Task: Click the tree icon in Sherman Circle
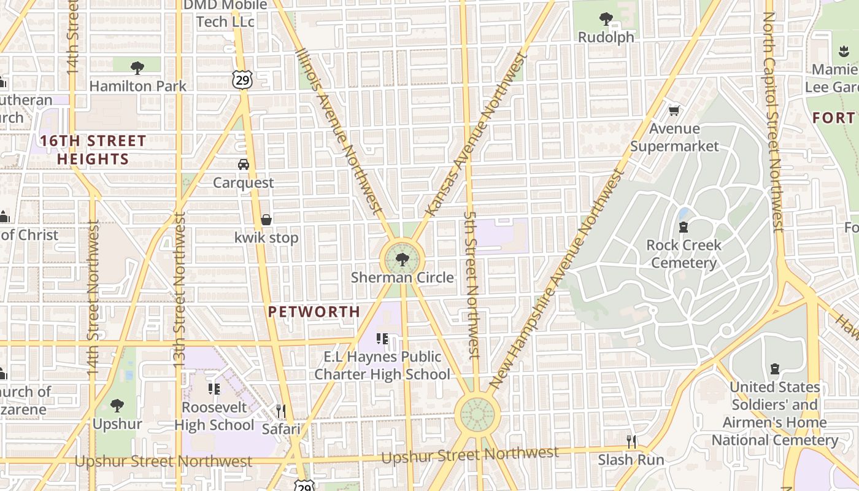[x=402, y=260]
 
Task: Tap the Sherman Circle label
[x=403, y=277]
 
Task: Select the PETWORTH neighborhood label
[x=314, y=312]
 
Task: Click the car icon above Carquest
[x=244, y=164]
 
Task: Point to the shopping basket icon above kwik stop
[x=266, y=219]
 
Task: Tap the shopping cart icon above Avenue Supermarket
[x=674, y=110]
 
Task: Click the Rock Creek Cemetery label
[x=684, y=253]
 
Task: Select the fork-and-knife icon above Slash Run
[x=631, y=441]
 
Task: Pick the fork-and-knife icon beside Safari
[x=281, y=410]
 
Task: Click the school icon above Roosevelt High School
[x=214, y=389]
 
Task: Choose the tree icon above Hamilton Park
[x=137, y=68]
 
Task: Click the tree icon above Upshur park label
[x=117, y=406]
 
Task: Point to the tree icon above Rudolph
[x=606, y=19]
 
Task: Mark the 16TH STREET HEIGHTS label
[x=93, y=150]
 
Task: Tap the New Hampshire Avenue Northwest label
[x=557, y=279]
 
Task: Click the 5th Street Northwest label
[x=471, y=285]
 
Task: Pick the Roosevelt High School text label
[x=214, y=416]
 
